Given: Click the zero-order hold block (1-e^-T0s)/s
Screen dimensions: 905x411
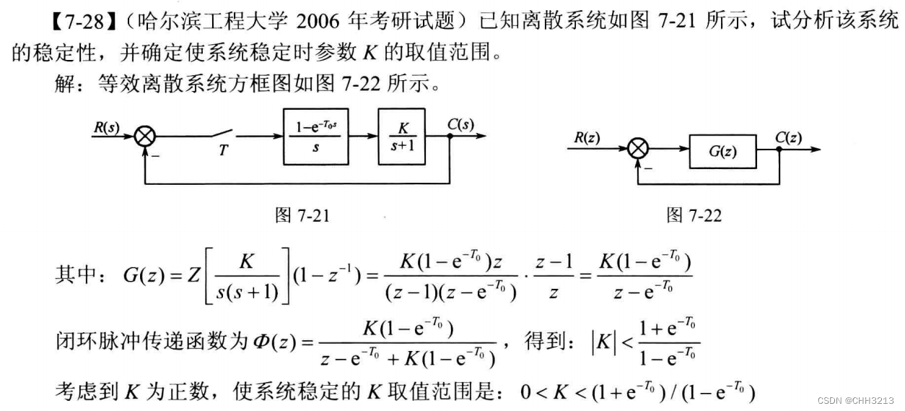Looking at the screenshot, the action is coord(318,136).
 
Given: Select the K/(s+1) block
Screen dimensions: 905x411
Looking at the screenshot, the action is coord(401,136).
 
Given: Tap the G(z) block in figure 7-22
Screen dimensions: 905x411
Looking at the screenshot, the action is coord(722,152).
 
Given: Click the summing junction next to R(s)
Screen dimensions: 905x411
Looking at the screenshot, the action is coord(147,136).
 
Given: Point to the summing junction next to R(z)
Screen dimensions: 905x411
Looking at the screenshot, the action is coord(638,150).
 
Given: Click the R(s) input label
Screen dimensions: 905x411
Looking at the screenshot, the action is coord(106,128).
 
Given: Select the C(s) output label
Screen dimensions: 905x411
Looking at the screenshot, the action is coord(460,124).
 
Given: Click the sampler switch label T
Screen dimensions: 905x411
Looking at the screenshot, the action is coord(224,150).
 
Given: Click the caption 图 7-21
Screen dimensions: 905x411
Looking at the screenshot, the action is coord(302,215).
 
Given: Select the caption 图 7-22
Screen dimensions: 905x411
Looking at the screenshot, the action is coord(694,215).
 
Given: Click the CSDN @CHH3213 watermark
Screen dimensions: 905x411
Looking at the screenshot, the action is coord(860,400).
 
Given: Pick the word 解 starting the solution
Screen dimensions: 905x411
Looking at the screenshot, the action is coord(64,85).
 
